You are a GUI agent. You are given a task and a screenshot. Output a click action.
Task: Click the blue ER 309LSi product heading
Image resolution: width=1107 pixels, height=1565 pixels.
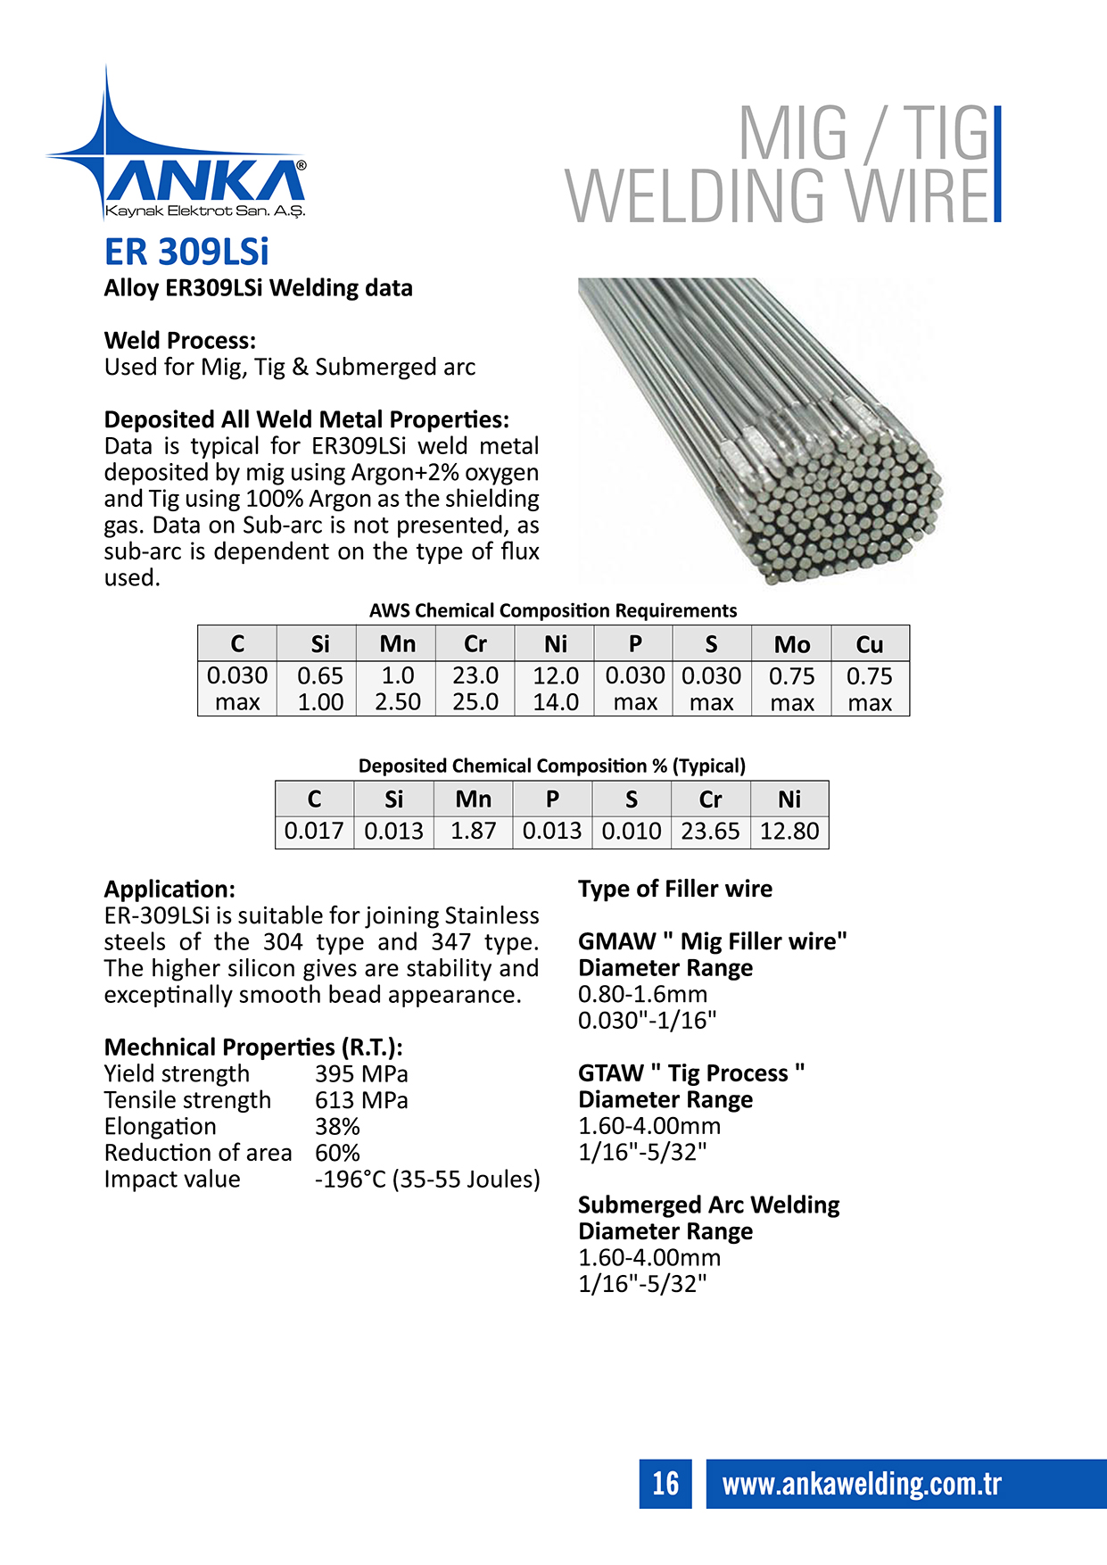186,252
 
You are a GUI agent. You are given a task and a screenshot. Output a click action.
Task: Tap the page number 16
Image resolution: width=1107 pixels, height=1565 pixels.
665,1483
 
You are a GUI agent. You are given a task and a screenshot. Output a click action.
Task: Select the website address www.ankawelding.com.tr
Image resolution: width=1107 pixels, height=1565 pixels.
862,1483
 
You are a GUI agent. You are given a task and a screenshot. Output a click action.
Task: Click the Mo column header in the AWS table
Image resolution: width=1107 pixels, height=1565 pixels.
791,644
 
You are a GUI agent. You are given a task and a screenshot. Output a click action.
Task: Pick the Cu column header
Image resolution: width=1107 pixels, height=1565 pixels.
870,644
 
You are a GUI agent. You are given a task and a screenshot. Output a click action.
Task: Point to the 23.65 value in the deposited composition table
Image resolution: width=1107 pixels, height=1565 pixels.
710,832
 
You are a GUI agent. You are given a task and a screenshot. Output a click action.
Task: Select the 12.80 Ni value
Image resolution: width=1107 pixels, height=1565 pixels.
789,832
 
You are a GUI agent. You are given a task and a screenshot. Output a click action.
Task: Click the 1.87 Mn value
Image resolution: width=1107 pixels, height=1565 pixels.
473,832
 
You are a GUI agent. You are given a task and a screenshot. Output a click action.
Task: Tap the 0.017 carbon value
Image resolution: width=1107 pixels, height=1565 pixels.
314,832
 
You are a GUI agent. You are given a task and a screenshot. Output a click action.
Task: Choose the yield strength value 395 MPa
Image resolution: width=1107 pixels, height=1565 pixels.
361,1074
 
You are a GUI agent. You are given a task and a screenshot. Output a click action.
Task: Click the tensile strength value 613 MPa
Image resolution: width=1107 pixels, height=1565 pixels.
361,1100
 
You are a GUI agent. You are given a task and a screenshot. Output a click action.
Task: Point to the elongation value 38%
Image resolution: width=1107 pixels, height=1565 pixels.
337,1127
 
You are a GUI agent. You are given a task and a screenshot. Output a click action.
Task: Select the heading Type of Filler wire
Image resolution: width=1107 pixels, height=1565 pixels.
675,889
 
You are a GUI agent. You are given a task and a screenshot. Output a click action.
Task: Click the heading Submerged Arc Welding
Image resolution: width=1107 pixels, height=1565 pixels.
709,1205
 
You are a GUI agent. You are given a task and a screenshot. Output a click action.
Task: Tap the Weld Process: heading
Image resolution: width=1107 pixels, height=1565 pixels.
180,341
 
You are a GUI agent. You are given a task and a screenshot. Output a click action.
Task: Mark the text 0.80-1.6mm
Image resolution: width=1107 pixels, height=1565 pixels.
642,994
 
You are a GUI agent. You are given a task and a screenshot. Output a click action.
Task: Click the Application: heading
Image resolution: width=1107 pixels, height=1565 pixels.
169,890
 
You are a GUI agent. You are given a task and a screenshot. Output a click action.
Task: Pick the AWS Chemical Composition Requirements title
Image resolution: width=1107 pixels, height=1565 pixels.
553,611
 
